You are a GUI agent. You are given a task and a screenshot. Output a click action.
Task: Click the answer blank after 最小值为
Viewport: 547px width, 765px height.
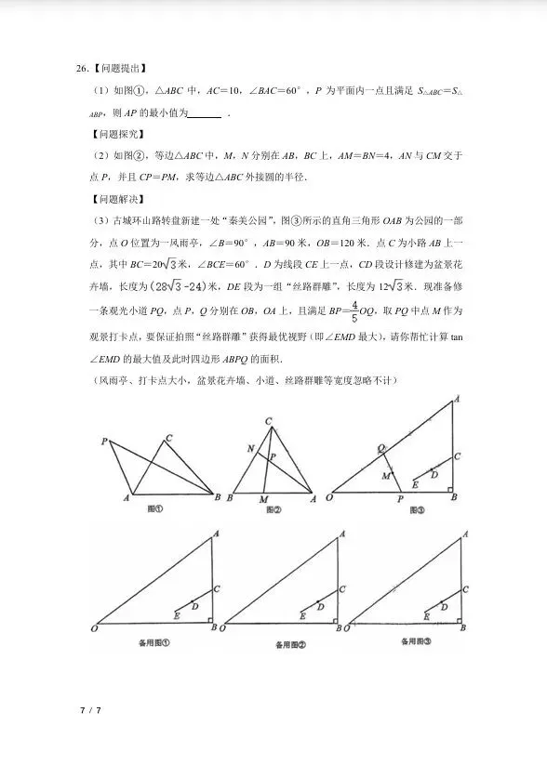pyautogui.click(x=205, y=113)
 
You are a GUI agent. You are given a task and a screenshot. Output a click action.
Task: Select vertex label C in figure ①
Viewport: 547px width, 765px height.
pyautogui.click(x=168, y=438)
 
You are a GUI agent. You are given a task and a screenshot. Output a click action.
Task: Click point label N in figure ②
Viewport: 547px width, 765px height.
pyautogui.click(x=249, y=449)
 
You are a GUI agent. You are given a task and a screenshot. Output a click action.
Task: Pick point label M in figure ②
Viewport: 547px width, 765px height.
pyautogui.click(x=263, y=499)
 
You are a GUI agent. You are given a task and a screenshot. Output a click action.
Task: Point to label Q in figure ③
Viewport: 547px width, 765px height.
pyautogui.click(x=380, y=447)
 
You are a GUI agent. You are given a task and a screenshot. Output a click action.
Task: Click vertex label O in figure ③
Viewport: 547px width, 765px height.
pyautogui.click(x=329, y=498)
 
